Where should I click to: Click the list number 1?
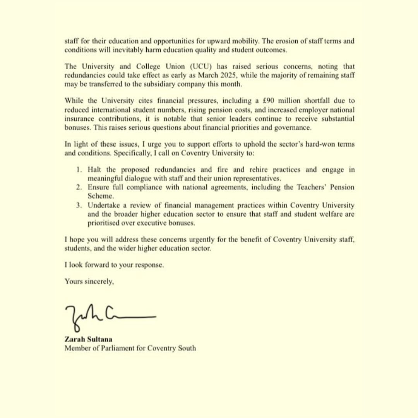pyautogui.click(x=79, y=170)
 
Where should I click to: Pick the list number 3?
pyautogui.click(x=79, y=206)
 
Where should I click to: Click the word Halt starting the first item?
pyautogui.click(x=94, y=170)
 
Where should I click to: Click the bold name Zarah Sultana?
pyautogui.click(x=88, y=339)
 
